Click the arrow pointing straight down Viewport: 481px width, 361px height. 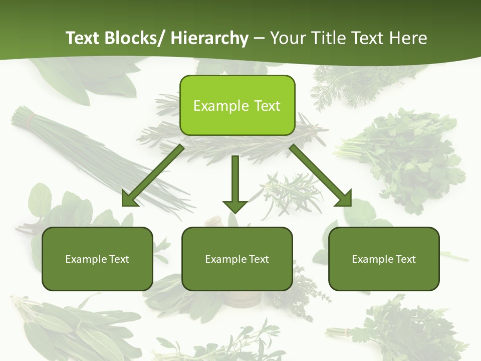click(x=235, y=183)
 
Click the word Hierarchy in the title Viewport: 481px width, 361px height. click(x=209, y=38)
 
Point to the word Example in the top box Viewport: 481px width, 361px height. click(x=220, y=106)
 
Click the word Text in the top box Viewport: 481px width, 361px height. click(x=267, y=106)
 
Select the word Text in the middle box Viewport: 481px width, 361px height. click(x=259, y=259)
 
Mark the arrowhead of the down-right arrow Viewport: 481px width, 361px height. click(x=344, y=199)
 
